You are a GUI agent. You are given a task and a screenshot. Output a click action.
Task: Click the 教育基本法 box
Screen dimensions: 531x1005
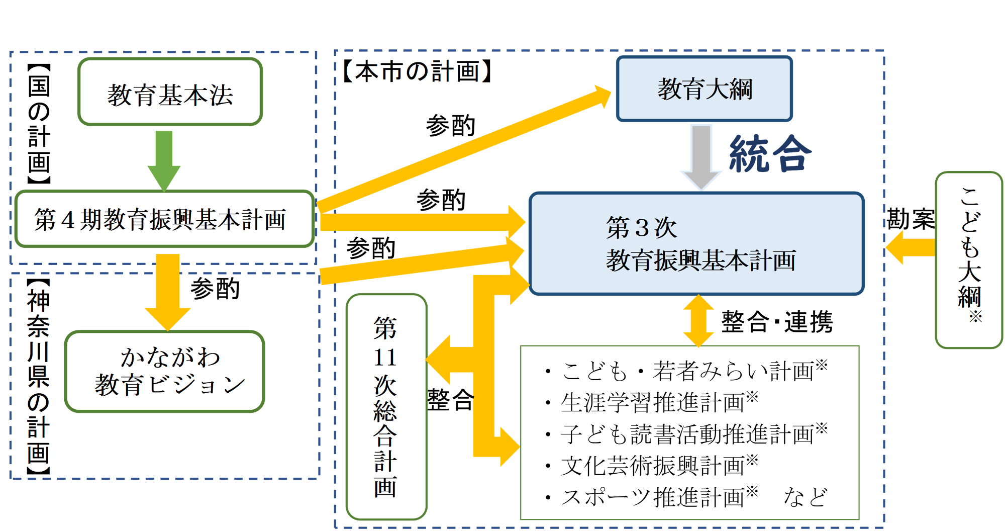[x=170, y=92]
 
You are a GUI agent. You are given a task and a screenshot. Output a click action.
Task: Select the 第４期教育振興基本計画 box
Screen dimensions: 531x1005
[x=165, y=219]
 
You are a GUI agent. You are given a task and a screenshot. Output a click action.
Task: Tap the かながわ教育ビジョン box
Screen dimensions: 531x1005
[x=165, y=372]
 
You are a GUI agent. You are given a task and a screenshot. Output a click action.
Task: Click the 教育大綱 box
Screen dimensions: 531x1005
[x=705, y=89]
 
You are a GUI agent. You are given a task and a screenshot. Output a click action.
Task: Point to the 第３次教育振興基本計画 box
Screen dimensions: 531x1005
[x=697, y=243]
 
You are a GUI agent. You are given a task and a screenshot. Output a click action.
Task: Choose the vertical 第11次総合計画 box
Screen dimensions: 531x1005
[x=386, y=407]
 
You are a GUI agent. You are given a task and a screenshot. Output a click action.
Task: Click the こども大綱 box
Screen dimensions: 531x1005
[x=969, y=259]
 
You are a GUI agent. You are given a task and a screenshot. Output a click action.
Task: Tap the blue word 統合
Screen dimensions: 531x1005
[x=770, y=154]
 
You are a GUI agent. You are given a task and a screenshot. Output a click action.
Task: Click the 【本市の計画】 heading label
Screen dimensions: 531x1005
[x=417, y=71]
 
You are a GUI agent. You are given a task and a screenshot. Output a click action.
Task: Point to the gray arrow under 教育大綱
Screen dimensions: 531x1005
[x=701, y=156]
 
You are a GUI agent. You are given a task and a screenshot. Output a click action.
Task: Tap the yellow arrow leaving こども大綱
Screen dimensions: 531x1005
[x=910, y=247]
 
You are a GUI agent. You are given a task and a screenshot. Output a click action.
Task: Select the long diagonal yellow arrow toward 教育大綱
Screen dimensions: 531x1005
[x=462, y=151]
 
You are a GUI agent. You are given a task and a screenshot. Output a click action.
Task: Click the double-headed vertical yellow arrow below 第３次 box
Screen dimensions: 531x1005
[x=698, y=321]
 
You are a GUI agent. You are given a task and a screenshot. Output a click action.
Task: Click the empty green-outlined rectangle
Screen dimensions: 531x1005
[x=689, y=432]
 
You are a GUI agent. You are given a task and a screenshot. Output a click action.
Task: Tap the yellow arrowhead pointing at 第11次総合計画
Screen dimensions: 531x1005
[x=440, y=360]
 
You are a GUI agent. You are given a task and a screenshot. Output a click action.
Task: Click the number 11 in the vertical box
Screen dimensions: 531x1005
[x=385, y=358]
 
